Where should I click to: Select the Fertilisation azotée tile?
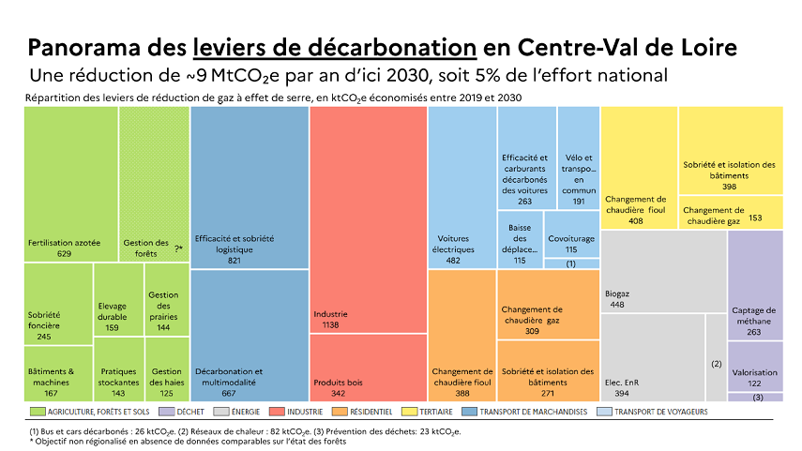70,184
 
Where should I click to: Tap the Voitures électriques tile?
462,188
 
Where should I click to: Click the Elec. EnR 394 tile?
652,356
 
